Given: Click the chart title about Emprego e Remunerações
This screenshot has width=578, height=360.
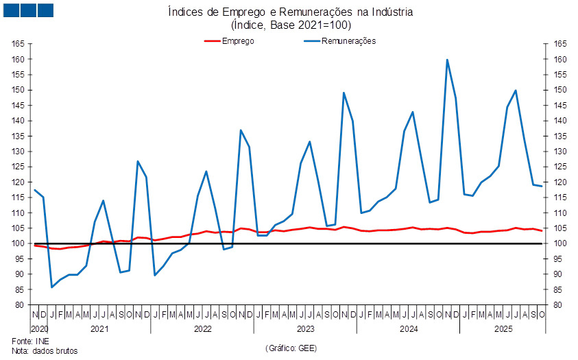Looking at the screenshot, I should (x=291, y=12).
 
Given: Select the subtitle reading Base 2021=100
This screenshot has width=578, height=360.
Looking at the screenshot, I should (x=291, y=25).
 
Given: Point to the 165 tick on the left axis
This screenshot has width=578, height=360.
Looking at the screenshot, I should (x=19, y=44).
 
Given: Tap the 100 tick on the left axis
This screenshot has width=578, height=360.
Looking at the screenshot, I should (x=19, y=243).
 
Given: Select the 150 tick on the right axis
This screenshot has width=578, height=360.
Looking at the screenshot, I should (x=561, y=90).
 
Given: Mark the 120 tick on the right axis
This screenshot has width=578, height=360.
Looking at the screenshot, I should (x=561, y=182).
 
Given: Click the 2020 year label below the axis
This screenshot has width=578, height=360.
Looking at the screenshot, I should (x=38, y=329).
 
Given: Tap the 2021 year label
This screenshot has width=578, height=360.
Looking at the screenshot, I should (x=100, y=329).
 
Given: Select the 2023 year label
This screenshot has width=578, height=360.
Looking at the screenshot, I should (x=305, y=329).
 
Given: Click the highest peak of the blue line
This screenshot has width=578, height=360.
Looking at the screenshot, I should (x=447, y=60).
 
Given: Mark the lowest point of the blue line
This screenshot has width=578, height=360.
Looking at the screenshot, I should (x=51, y=287).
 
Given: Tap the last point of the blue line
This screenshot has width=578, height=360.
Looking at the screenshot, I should (x=542, y=186).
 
